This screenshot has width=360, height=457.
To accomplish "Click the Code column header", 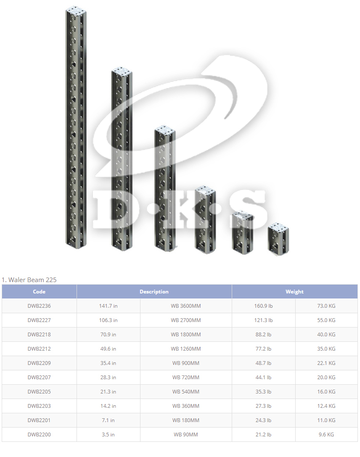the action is (39, 291).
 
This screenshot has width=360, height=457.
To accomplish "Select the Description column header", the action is (154, 291).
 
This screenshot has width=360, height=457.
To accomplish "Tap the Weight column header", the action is (294, 291).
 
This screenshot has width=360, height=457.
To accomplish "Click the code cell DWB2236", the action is (39, 306).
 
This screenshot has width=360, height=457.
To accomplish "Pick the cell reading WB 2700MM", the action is (186, 320).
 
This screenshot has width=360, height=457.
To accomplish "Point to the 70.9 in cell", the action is (108, 334).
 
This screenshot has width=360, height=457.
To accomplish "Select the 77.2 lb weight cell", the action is (263, 349).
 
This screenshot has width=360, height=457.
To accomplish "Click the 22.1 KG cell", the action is (326, 363).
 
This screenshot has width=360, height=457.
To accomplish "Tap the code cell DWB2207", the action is (39, 377).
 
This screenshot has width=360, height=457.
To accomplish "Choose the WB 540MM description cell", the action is (186, 391).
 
